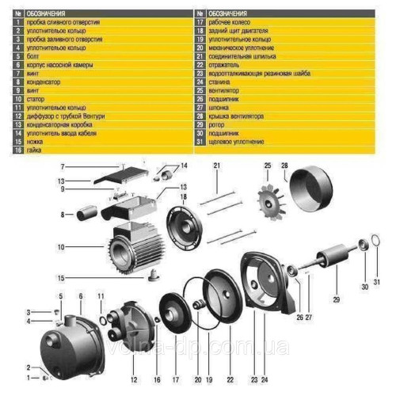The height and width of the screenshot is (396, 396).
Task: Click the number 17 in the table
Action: pyautogui.click(x=200, y=22)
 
